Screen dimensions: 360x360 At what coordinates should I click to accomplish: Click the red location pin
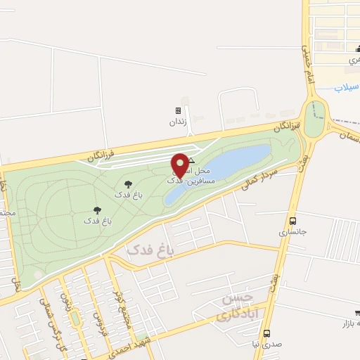(x=180, y=164)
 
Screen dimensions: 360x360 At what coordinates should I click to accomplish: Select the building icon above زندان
(x=178, y=110)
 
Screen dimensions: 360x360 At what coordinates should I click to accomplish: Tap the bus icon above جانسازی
(x=292, y=219)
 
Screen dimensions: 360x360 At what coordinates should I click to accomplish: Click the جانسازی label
(x=292, y=231)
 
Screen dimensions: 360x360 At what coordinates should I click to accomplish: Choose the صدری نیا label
(x=266, y=345)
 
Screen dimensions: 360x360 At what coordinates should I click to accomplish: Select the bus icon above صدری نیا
(x=266, y=333)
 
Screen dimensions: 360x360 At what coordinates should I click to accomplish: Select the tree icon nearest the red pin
(x=127, y=184)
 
